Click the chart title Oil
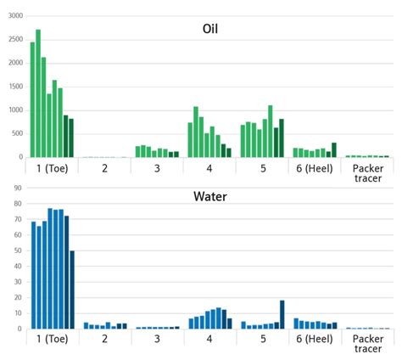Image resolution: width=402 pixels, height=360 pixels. click(210, 29)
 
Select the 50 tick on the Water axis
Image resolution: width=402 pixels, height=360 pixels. click(16, 251)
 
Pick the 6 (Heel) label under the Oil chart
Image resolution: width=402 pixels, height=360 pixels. click(315, 167)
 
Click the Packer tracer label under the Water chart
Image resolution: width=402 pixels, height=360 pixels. click(367, 344)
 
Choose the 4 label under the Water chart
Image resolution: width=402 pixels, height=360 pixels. click(210, 339)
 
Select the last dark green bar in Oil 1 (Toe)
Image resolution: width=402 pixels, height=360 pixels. click(71, 138)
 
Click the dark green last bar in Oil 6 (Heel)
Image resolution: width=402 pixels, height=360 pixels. click(334, 150)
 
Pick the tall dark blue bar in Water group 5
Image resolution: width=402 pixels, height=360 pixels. click(282, 314)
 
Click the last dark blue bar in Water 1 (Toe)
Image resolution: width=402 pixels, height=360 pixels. click(72, 290)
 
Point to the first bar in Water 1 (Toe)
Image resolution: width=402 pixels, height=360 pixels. click(33, 275)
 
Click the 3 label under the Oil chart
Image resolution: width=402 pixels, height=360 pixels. click(157, 167)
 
